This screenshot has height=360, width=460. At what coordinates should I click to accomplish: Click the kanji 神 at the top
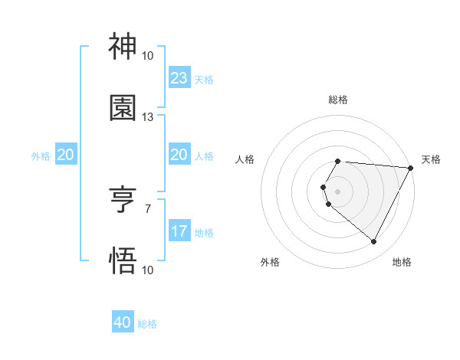123,47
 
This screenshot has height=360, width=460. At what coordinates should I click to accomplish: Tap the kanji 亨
123,200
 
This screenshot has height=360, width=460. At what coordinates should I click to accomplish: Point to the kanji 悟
123,261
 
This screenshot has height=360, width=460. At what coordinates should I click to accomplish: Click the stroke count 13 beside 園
148,117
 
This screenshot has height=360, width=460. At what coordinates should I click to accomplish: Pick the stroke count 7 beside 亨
148,208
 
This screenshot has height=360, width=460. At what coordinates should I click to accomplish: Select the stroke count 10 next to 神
148,56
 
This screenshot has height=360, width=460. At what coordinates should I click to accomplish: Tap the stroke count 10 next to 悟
148,270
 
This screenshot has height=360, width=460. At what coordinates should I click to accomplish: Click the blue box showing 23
179,78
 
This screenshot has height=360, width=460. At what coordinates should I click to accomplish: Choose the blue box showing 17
179,231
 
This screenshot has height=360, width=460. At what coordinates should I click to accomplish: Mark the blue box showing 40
123,322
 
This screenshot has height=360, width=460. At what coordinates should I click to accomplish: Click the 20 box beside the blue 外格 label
66,155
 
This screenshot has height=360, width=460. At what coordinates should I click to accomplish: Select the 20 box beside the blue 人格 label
179,155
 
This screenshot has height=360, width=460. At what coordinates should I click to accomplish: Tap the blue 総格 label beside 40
148,324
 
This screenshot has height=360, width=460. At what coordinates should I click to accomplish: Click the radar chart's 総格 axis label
338,100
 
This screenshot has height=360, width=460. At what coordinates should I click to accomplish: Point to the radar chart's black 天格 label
431,159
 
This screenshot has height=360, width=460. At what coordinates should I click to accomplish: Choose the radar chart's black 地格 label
402,263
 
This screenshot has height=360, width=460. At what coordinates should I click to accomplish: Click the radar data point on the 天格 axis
411,168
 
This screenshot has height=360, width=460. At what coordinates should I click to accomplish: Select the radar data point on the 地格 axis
374,242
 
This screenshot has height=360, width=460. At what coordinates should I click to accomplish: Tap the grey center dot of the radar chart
338,191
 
